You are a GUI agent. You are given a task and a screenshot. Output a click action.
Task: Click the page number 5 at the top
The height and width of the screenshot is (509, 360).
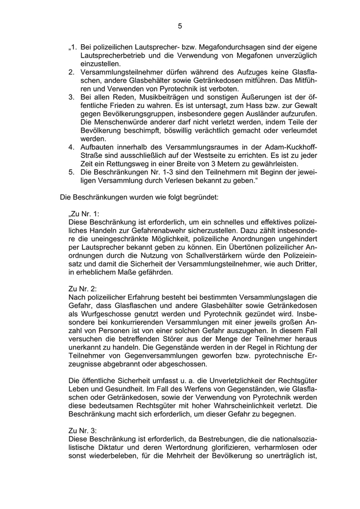[x=180, y=26]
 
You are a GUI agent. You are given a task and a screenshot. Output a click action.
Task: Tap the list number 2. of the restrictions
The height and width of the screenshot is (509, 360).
[x=71, y=72]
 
